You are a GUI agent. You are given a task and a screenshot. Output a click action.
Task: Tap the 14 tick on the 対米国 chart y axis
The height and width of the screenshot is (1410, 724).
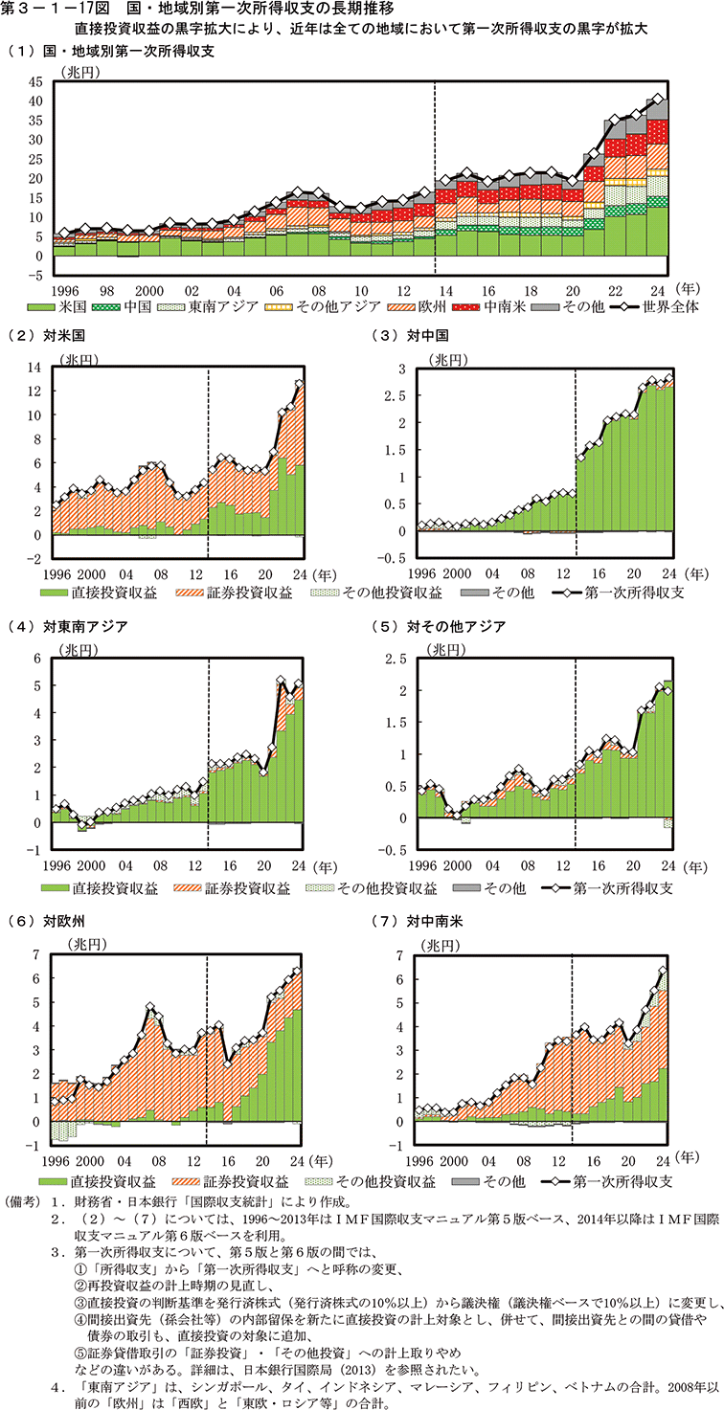tap(36, 368)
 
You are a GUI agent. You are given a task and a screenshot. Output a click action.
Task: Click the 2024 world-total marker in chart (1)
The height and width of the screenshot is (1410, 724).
tap(657, 98)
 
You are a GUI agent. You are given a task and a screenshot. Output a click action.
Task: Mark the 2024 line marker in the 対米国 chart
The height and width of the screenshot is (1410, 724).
tap(300, 384)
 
